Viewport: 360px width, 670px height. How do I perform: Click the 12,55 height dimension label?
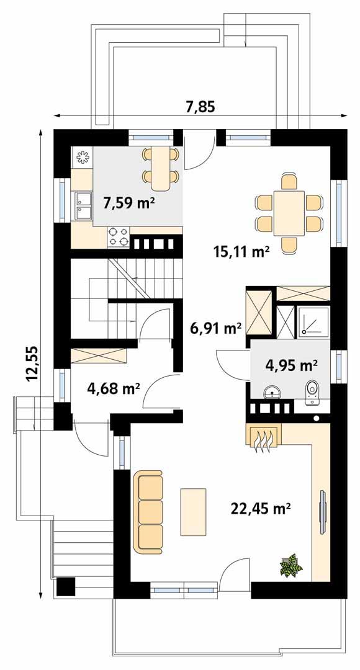pyautogui.click(x=32, y=362)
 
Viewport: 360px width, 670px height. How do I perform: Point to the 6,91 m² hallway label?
pyautogui.click(x=215, y=328)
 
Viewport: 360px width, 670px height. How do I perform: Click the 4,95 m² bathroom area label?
pyautogui.click(x=292, y=365)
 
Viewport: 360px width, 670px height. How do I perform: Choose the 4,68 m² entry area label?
pyautogui.click(x=113, y=389)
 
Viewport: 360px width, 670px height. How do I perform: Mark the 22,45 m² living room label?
pyautogui.click(x=261, y=509)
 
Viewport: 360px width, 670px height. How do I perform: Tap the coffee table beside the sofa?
pyautogui.click(x=193, y=511)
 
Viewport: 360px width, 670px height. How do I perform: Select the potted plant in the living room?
pyautogui.click(x=289, y=566)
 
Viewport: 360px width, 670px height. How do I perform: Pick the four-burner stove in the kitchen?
pyautogui.click(x=119, y=236)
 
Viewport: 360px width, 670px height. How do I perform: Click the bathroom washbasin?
pyautogui.click(x=272, y=393)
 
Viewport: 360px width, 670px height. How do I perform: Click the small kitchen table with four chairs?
pyautogui.click(x=161, y=168)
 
